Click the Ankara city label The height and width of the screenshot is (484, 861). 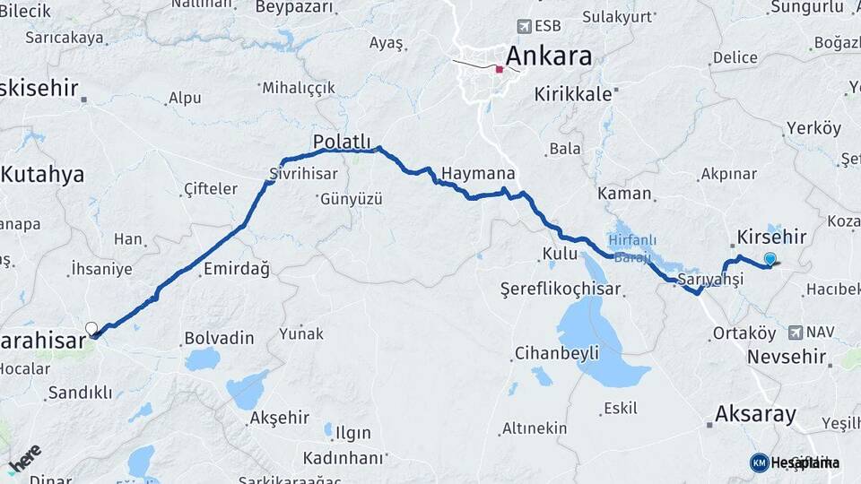tap(548, 56)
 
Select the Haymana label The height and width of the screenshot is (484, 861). tap(478, 174)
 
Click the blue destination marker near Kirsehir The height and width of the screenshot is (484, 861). tap(770, 260)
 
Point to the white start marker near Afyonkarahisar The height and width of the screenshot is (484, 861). tap(91, 328)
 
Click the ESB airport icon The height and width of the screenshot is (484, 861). tap(525, 27)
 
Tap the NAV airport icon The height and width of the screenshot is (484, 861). tap(796, 333)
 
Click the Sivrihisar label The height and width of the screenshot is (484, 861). tap(303, 174)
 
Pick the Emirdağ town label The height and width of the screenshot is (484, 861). tap(236, 269)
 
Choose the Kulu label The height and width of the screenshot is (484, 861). tap(560, 254)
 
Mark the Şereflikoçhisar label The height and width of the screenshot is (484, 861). tap(561, 290)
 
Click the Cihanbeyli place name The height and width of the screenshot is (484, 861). tap(556, 353)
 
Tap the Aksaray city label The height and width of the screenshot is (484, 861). tap(755, 414)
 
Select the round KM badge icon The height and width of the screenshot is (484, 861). tap(759, 462)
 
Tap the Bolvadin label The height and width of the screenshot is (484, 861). tap(219, 339)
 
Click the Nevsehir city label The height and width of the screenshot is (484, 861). tap(786, 357)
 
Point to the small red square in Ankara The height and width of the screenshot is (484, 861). tap(500, 69)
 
